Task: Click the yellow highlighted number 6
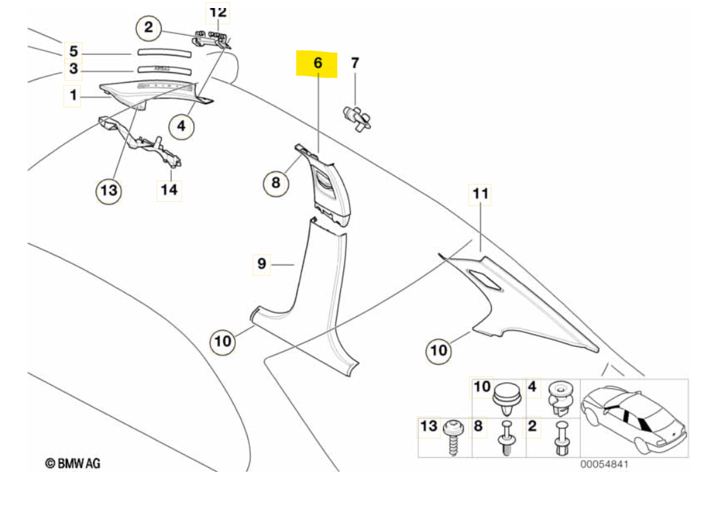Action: click(318, 63)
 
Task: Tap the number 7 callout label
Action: click(355, 64)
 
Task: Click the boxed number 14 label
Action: click(169, 190)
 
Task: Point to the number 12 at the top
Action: click(218, 12)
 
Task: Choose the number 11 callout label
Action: click(480, 194)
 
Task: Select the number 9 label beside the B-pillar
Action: click(262, 263)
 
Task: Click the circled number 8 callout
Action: click(276, 182)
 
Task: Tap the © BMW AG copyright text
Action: click(73, 463)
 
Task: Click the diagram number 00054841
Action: click(604, 464)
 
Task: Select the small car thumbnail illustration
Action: click(633, 418)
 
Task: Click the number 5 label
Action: click(74, 51)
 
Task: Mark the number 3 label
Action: click(74, 69)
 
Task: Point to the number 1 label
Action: click(73, 96)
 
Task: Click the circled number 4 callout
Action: click(180, 124)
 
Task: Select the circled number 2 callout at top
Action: click(148, 28)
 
